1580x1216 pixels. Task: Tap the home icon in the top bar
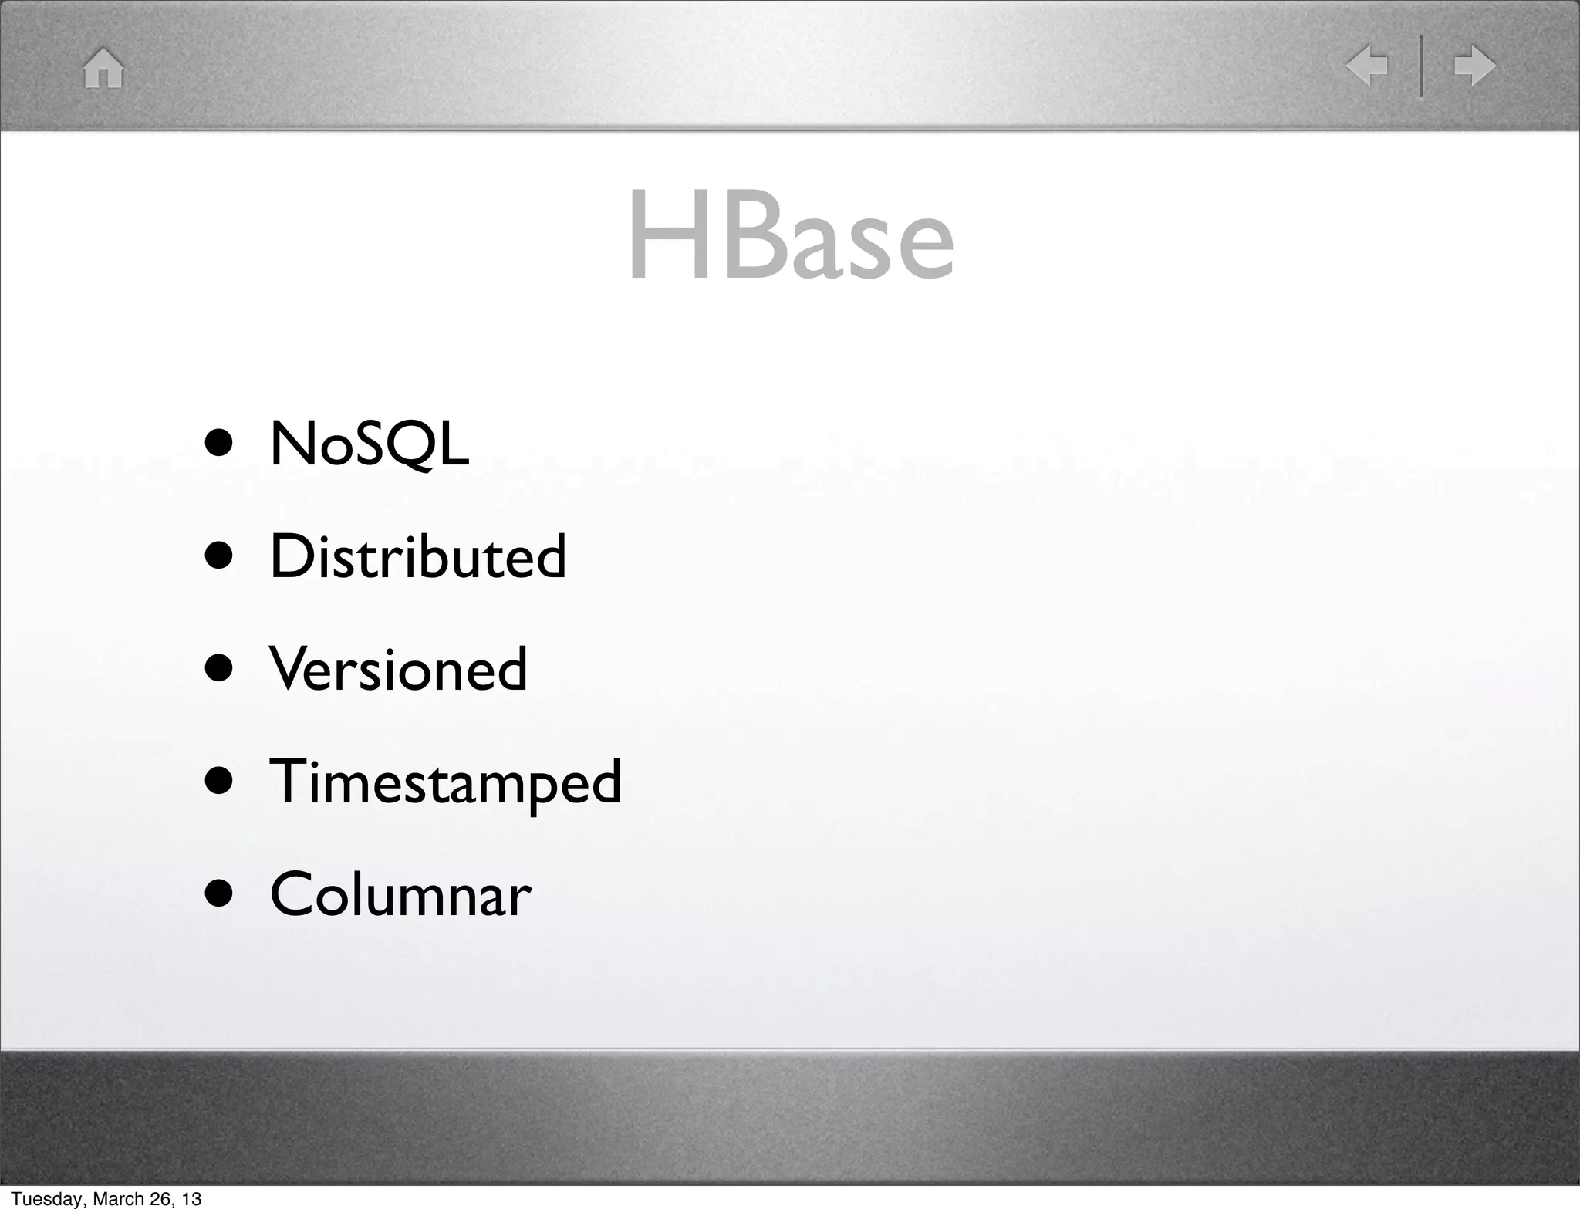103,68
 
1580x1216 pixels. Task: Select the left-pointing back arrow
1367,66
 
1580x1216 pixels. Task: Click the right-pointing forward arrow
1475,66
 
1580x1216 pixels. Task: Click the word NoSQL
369,444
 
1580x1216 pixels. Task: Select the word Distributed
417,556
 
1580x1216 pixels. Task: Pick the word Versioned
398,669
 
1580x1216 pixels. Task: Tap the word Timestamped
445,782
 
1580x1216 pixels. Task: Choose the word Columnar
400,894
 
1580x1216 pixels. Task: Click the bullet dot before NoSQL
219,445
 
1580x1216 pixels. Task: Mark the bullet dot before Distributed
219,556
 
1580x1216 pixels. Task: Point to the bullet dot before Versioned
219,669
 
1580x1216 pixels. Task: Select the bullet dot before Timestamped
219,782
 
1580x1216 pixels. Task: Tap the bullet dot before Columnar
219,894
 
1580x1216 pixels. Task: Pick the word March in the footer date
115,1199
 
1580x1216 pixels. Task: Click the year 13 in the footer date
192,1199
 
